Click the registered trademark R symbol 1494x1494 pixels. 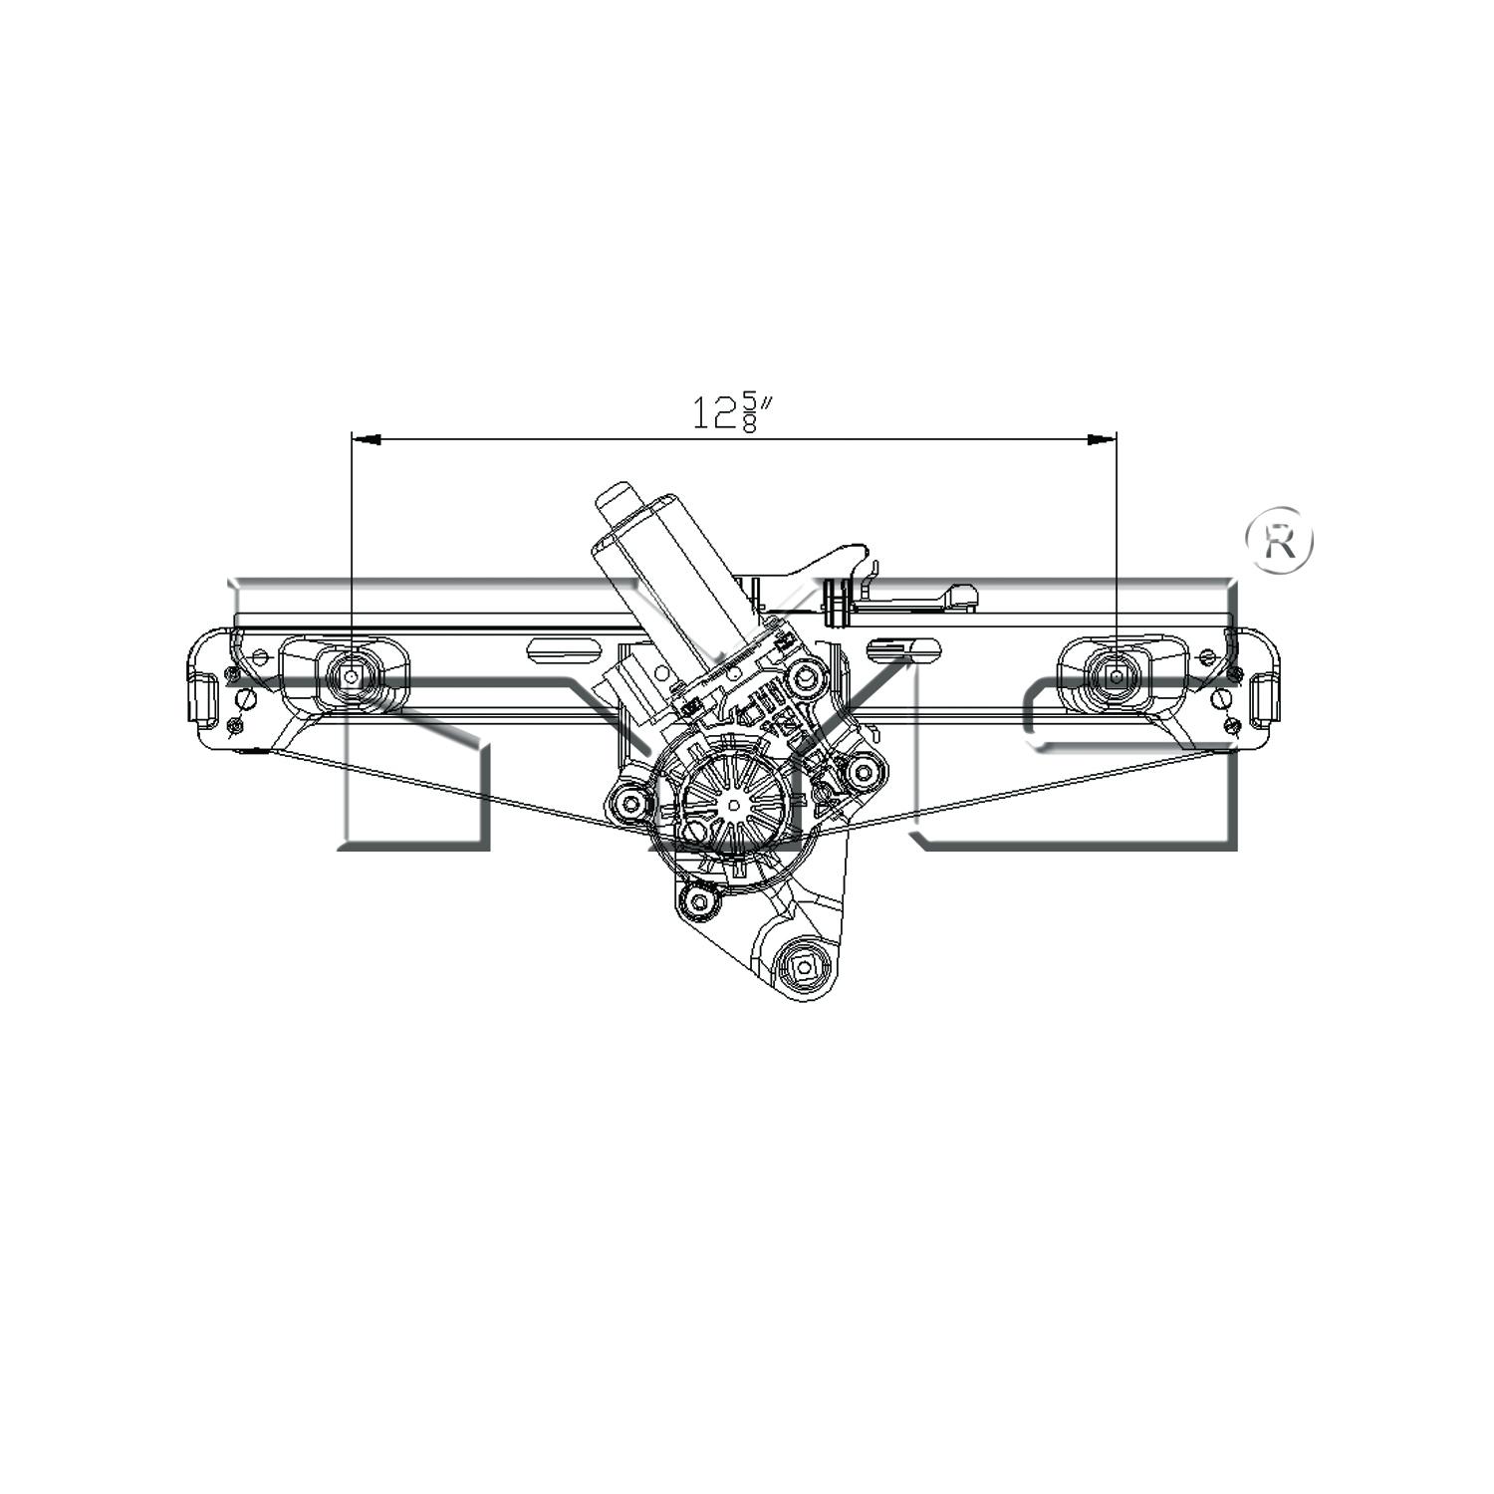1280,541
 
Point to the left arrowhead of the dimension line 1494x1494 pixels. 367,438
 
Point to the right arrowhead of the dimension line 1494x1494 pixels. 1102,438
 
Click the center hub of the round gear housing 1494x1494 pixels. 734,804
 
